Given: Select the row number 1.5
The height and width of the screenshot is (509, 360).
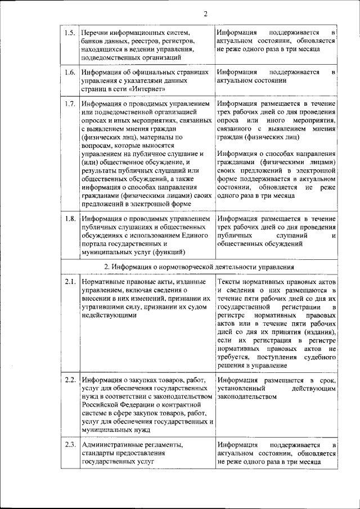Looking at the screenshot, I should click(70, 33).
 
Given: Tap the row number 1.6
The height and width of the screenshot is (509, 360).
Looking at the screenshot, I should click(70, 73).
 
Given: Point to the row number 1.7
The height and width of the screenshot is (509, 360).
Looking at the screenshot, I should click(70, 104).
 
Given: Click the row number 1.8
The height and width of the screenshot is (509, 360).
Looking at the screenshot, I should click(70, 218).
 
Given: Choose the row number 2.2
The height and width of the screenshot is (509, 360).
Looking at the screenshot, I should click(70, 380).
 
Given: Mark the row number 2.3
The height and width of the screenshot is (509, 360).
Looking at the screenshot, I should click(70, 445).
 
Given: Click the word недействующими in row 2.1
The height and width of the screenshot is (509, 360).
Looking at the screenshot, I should click(109, 316).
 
